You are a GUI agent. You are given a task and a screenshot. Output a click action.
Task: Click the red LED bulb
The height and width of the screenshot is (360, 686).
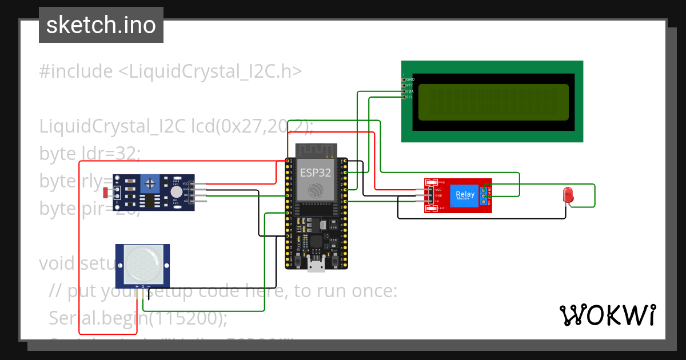[568, 195]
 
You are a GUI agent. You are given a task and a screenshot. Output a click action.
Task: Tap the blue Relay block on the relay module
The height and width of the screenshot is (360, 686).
[465, 195]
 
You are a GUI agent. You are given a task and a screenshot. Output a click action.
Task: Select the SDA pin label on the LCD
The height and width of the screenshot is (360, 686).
[409, 91]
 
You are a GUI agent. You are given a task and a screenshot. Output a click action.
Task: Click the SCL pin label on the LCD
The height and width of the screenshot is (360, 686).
[409, 97]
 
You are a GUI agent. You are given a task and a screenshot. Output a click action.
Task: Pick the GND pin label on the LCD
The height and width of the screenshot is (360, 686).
[409, 79]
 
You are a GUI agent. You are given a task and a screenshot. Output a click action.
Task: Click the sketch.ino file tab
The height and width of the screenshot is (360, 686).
[101, 25]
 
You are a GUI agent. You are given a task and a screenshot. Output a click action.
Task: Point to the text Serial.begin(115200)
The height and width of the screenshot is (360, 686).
[138, 318]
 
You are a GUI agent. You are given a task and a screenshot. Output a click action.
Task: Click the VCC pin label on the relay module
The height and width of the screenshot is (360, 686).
[438, 189]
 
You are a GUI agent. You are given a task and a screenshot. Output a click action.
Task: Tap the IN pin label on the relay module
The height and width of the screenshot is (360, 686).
[437, 201]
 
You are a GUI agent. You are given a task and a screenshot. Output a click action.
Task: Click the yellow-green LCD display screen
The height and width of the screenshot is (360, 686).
[493, 102]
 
